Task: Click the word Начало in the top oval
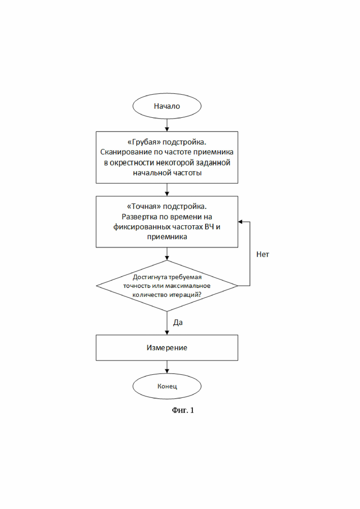[x=167, y=106]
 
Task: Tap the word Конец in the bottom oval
[x=167, y=386]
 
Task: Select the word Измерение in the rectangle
[x=167, y=347]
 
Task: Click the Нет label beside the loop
[x=263, y=255]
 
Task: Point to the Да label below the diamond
[x=178, y=323]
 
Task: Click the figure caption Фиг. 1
[x=183, y=410]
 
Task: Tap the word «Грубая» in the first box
[x=144, y=142]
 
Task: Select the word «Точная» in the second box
[x=144, y=206]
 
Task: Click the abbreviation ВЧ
[x=209, y=227]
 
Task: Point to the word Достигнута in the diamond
[x=150, y=277]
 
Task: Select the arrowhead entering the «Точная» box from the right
[x=240, y=222]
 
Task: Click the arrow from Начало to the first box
[x=167, y=125]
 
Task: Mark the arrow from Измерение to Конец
[x=167, y=367]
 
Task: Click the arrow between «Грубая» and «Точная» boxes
[x=167, y=190]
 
